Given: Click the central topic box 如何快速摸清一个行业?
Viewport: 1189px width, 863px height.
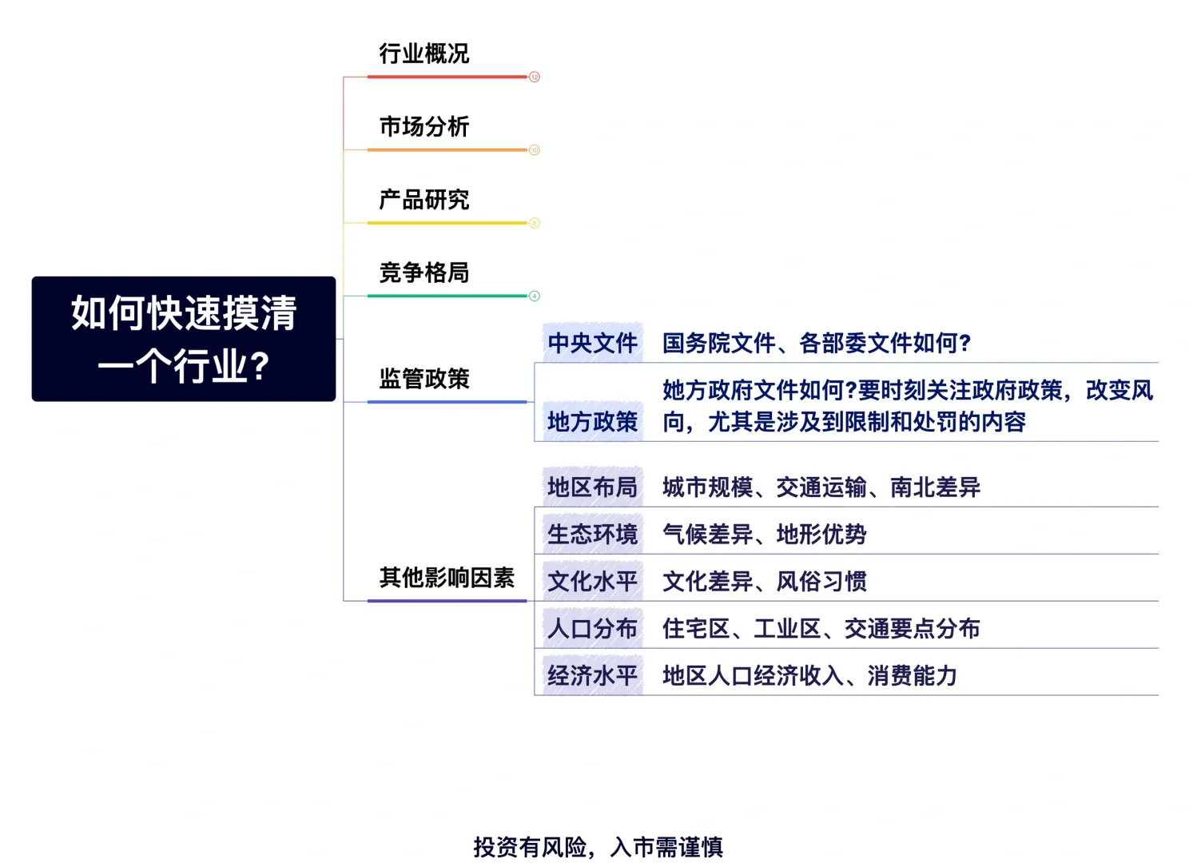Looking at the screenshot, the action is click(x=184, y=339).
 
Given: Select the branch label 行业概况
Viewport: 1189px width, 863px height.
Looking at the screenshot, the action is click(x=424, y=54).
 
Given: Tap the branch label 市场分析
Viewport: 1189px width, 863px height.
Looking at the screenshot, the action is click(x=424, y=127).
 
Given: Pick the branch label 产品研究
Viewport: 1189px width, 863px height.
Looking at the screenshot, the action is click(x=424, y=200).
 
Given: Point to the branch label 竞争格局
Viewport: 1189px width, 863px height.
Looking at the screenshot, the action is click(x=424, y=272).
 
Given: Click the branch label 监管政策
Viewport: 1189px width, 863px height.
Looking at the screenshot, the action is click(x=424, y=379).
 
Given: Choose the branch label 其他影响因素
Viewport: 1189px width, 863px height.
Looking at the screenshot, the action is click(x=447, y=578).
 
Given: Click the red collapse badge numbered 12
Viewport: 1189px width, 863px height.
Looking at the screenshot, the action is click(x=535, y=77).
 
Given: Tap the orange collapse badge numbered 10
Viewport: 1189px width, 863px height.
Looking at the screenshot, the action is click(x=535, y=150).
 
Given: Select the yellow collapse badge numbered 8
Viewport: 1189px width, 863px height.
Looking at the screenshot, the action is click(x=535, y=223).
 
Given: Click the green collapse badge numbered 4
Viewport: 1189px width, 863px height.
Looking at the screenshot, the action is click(x=535, y=296).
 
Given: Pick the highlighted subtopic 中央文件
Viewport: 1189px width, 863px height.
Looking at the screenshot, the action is click(x=592, y=343).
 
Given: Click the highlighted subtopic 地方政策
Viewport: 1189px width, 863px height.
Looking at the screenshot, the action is click(x=592, y=421).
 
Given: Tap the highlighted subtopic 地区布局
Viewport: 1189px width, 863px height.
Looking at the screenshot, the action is click(x=592, y=487).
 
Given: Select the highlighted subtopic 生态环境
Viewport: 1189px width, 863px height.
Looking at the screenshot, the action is click(x=592, y=534).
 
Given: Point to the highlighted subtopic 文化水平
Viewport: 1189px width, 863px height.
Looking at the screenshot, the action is click(x=592, y=581).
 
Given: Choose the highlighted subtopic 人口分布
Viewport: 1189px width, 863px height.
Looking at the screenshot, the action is click(x=592, y=628).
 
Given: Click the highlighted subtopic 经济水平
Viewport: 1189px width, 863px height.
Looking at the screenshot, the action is click(x=592, y=676).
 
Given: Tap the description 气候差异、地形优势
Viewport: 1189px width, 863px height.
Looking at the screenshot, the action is click(x=765, y=534).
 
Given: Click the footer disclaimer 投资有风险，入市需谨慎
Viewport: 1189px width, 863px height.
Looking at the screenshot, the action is click(x=598, y=847).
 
